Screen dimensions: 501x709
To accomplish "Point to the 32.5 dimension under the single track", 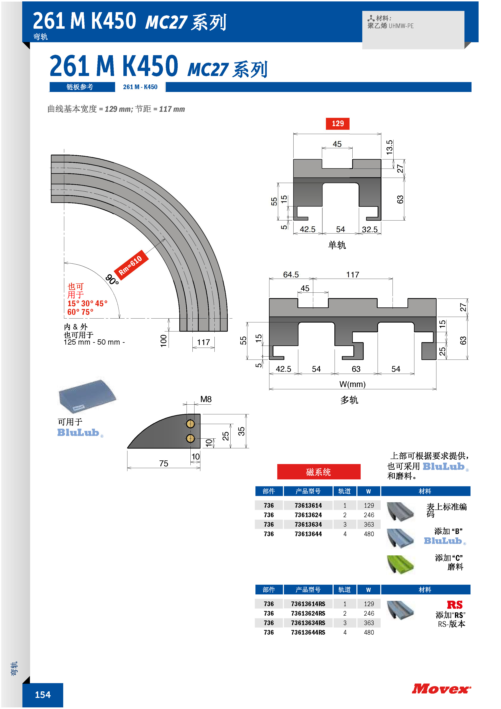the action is click(370, 229).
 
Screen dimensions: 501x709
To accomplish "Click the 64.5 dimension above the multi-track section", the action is click(291, 274).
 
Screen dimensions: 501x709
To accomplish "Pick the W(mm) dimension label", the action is click(352, 384).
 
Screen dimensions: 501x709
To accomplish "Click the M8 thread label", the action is click(206, 399).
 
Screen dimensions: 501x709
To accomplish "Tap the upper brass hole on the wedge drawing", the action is click(190, 424).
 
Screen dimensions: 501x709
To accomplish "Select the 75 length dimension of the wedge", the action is click(164, 463).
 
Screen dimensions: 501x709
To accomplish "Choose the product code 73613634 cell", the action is click(308, 524).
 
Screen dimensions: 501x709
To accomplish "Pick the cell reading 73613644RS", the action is click(308, 632).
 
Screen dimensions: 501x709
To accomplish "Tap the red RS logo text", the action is click(455, 605).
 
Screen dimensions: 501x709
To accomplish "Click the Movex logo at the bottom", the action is click(441, 689).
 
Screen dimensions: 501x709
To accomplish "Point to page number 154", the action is click(43, 695).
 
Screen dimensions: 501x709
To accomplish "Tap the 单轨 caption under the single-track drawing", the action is click(337, 245).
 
